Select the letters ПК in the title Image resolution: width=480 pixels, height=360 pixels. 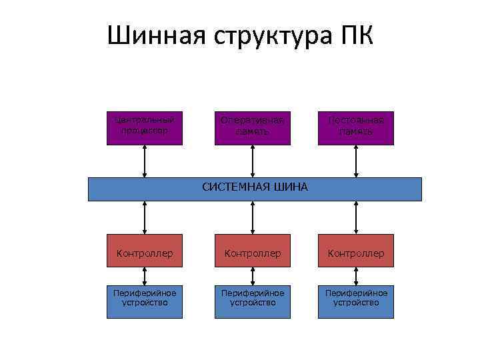[356, 35]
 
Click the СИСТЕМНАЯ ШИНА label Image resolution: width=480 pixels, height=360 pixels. [255, 187]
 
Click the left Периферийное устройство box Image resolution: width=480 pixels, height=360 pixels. [145, 298]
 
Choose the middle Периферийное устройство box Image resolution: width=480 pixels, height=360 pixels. [252, 298]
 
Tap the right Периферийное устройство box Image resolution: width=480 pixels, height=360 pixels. [355, 298]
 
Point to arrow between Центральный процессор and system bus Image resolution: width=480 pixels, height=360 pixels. [145, 161]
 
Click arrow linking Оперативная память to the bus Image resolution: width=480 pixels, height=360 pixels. [252, 161]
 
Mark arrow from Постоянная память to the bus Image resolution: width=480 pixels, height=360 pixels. [356, 161]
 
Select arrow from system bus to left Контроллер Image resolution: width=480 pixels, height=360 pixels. [145, 217]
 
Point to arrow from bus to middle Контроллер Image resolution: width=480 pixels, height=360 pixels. [252, 217]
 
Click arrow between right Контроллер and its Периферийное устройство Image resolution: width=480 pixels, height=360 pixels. [356, 275]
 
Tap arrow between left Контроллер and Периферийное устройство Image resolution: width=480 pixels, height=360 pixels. [145, 275]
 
